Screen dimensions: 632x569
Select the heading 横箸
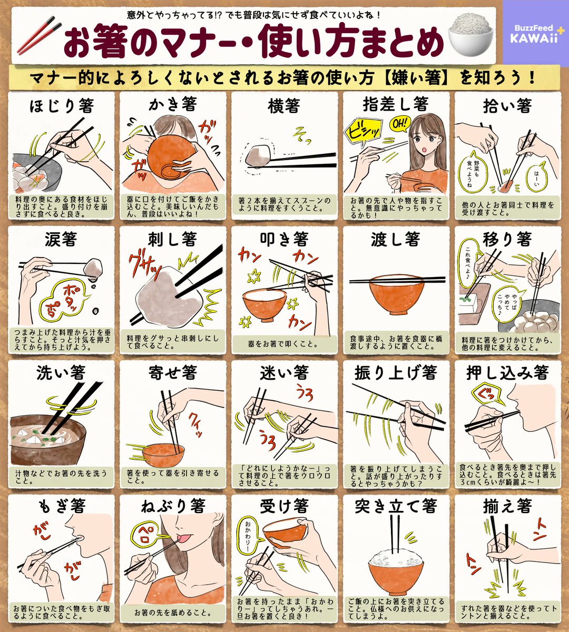(x=284, y=105)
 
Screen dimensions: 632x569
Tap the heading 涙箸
(x=61, y=240)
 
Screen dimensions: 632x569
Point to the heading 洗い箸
(x=61, y=373)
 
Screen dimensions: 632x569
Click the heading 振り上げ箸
(x=396, y=373)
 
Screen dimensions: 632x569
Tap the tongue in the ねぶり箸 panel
(x=184, y=537)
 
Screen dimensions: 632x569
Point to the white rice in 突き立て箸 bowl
(x=396, y=558)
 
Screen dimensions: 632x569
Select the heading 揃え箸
(x=507, y=507)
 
